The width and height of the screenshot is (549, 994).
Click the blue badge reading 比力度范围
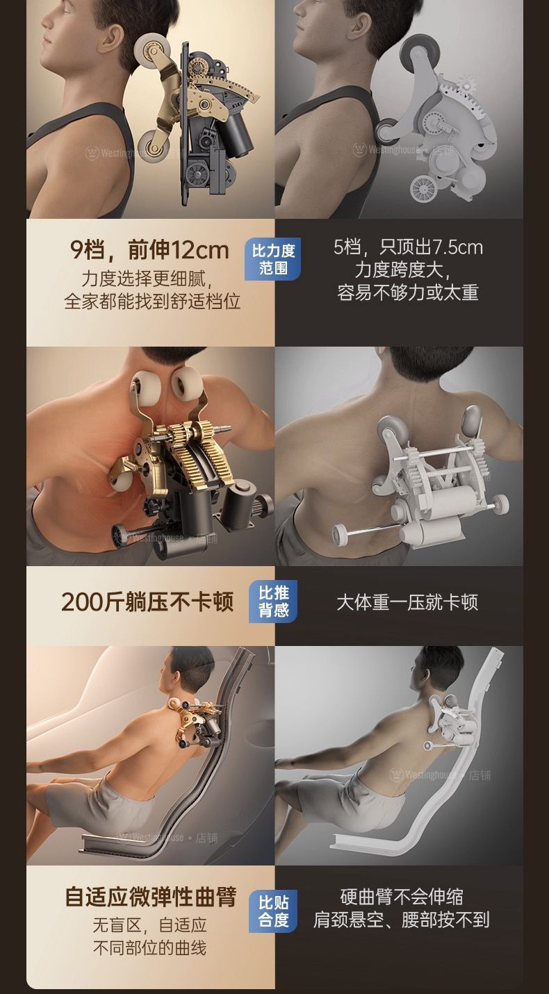coord(272,260)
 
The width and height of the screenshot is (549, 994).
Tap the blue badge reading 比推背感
coord(273,602)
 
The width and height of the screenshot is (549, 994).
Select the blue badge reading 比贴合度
coord(273,911)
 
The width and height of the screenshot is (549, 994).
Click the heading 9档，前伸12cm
coord(149,250)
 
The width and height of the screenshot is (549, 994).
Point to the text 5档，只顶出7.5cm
coord(408,247)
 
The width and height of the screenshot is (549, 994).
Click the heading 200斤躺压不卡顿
coord(147,602)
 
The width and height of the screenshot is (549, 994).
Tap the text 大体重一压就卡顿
coord(407,602)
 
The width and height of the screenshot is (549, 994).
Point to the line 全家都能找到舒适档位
coord(152,301)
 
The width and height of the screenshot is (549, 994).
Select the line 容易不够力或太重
coord(407,293)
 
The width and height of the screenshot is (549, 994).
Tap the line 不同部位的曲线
coord(149,948)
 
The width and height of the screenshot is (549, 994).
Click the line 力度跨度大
coord(402,270)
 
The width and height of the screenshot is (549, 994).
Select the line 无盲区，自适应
coord(149,926)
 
